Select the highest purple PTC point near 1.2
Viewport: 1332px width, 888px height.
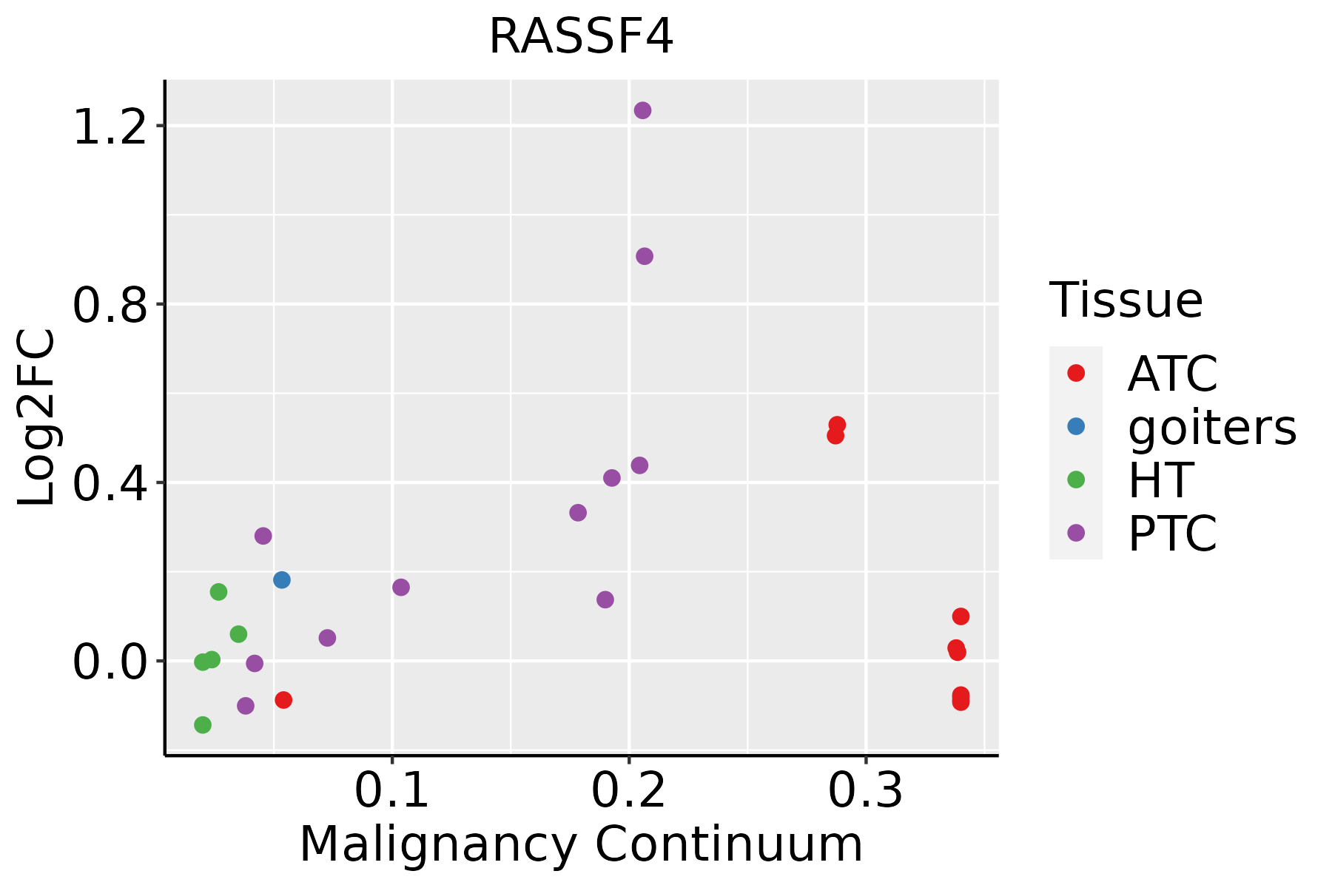pyautogui.click(x=642, y=110)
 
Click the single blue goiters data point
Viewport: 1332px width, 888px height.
pyautogui.click(x=282, y=579)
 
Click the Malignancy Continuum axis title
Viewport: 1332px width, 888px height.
pyautogui.click(x=581, y=844)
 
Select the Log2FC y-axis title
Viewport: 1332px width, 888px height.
pyautogui.click(x=37, y=418)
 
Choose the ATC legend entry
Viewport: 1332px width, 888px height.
pyautogui.click(x=1172, y=374)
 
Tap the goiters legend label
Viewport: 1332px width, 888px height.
pyautogui.click(x=1211, y=427)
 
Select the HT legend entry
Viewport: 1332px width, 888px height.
pyautogui.click(x=1160, y=480)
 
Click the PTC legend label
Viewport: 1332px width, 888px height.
pyautogui.click(x=1172, y=534)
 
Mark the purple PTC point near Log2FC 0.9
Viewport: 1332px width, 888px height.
pyautogui.click(x=645, y=256)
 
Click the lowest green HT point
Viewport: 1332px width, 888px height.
pyautogui.click(x=203, y=724)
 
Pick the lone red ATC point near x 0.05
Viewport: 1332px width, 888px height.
pyautogui.click(x=283, y=699)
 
